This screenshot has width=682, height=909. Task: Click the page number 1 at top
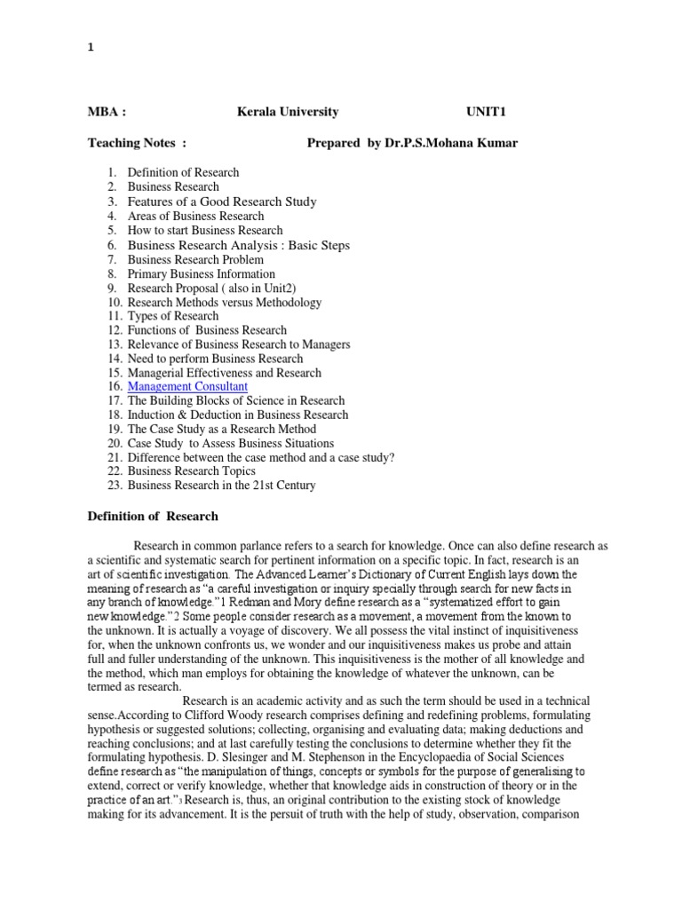(90, 50)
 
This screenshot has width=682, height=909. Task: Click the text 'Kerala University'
(287, 112)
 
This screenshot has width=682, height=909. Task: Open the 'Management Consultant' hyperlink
(187, 387)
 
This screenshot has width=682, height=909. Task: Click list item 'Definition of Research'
(183, 172)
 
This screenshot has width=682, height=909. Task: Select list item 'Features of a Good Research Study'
(222, 202)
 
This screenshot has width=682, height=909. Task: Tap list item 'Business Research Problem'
(195, 259)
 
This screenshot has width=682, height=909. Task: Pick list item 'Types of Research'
(173, 316)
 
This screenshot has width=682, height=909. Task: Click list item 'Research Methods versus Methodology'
(225, 303)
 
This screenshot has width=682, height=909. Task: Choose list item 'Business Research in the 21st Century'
(221, 486)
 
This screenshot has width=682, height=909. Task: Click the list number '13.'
(112, 344)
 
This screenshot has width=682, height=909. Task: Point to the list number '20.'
(112, 443)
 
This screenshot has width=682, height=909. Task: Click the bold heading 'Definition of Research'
(152, 516)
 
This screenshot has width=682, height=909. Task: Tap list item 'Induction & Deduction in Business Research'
(238, 415)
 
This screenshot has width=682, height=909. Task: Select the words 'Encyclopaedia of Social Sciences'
(511, 757)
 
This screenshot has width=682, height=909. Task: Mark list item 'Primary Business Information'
(202, 274)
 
